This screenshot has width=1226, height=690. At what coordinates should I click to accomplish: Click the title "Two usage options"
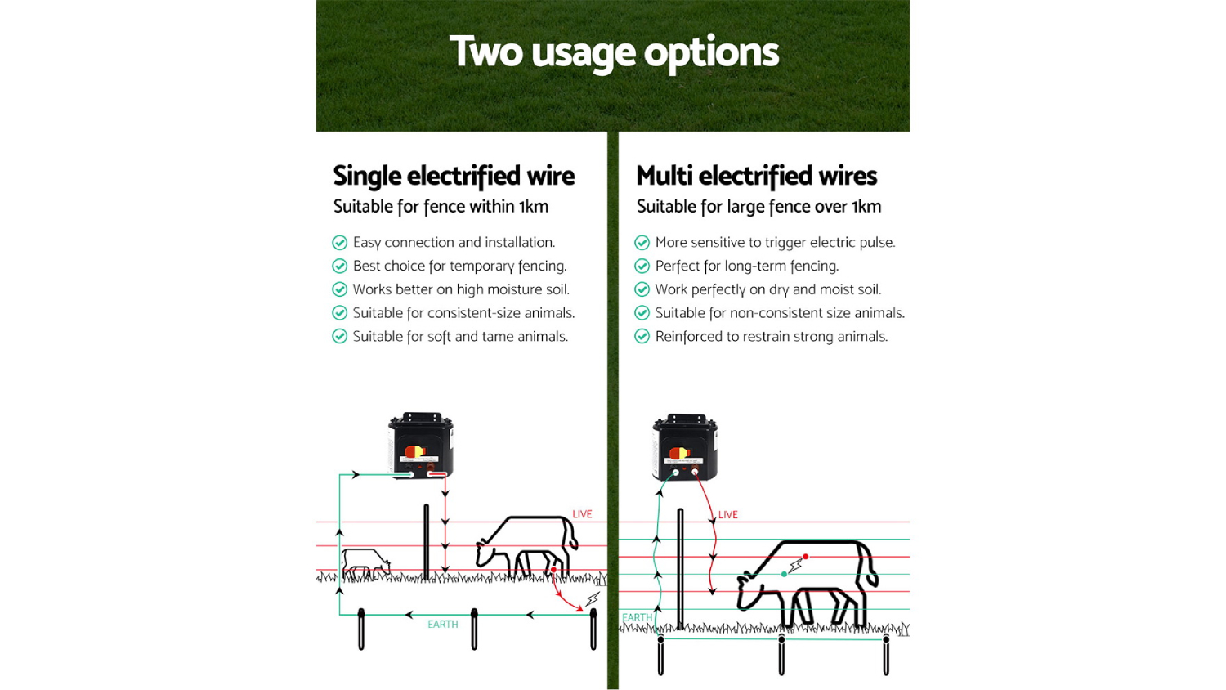(x=614, y=52)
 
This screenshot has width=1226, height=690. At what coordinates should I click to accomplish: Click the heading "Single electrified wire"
(x=454, y=176)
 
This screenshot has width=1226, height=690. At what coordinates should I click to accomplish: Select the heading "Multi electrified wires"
(x=756, y=176)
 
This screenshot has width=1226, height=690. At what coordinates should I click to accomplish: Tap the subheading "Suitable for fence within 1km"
(x=441, y=206)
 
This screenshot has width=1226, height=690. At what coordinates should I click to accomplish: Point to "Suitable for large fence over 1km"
(x=758, y=206)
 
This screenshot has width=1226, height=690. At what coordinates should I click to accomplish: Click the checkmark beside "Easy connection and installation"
(x=340, y=243)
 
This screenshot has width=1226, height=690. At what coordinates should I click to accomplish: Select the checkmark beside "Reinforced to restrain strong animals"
(x=642, y=337)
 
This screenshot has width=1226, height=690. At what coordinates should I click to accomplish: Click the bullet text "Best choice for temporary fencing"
(x=459, y=266)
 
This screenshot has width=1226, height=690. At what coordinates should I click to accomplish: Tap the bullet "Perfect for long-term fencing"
(x=746, y=266)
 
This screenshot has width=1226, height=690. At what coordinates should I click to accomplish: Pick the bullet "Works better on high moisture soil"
(x=461, y=289)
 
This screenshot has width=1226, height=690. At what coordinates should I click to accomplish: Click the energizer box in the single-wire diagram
(x=421, y=445)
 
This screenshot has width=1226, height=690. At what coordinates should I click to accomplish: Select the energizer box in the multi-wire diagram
(x=685, y=447)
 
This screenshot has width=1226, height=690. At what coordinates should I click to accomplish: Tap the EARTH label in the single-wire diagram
(x=442, y=625)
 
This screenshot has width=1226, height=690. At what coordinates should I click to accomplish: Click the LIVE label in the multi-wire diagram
(x=727, y=515)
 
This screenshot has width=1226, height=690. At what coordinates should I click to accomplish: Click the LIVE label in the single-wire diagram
(x=582, y=514)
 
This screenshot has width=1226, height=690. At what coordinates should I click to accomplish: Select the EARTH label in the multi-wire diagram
(x=637, y=618)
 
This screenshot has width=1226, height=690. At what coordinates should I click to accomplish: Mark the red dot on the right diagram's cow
(x=806, y=557)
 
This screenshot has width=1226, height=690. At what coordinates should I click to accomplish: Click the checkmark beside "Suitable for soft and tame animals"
(x=340, y=337)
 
